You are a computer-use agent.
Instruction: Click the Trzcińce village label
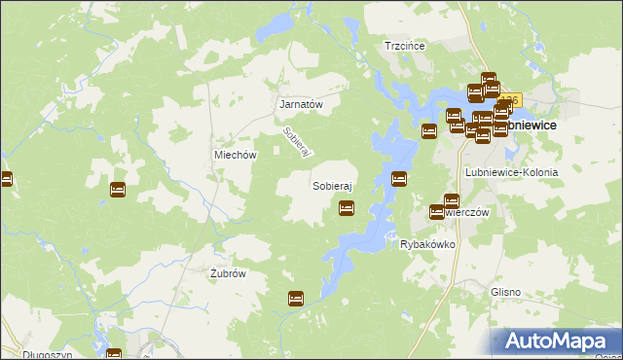point(407,45)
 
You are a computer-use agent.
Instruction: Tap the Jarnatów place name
point(301,103)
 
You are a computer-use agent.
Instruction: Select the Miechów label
point(235,155)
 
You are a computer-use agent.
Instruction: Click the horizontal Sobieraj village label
point(331,184)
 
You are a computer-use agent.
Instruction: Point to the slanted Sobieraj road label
point(295,143)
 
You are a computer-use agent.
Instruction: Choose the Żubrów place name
point(228,273)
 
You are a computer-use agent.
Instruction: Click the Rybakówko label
point(427,244)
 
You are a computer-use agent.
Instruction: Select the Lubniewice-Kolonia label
point(511,172)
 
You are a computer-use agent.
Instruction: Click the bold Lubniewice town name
point(531,126)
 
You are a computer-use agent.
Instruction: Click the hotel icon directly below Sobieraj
point(346,208)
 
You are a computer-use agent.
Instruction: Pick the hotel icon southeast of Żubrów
point(296,299)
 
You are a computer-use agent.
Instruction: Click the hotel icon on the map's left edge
point(5,180)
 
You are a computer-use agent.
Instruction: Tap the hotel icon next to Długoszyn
point(114,355)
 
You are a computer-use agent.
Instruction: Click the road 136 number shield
point(512,99)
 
